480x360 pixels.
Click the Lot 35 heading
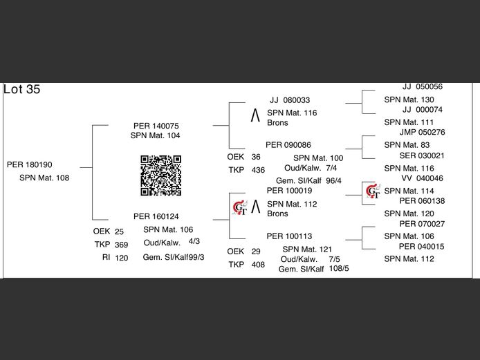pyautogui.click(x=21, y=90)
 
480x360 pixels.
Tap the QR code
pyautogui.click(x=161, y=176)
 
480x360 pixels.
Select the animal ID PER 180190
pyautogui.click(x=30, y=165)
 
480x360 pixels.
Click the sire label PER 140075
pyautogui.click(x=156, y=126)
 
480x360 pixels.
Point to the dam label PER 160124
pyautogui.click(x=156, y=216)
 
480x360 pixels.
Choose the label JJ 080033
pyautogui.click(x=290, y=100)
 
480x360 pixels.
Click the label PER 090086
pyautogui.click(x=288, y=145)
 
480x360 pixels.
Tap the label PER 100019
pyautogui.click(x=289, y=191)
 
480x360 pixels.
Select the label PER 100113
pyautogui.click(x=289, y=236)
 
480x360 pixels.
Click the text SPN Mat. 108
pyautogui.click(x=44, y=178)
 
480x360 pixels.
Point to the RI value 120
pyautogui.click(x=122, y=258)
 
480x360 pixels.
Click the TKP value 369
pyautogui.click(x=122, y=245)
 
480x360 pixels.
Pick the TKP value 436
pyautogui.click(x=258, y=170)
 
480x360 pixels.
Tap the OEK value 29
pyautogui.click(x=256, y=252)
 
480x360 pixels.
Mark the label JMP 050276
pyautogui.click(x=422, y=132)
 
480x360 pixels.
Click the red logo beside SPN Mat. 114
pyautogui.click(x=373, y=191)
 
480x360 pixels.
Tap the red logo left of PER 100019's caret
pyautogui.click(x=239, y=206)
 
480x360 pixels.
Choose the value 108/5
pyautogui.click(x=339, y=268)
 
